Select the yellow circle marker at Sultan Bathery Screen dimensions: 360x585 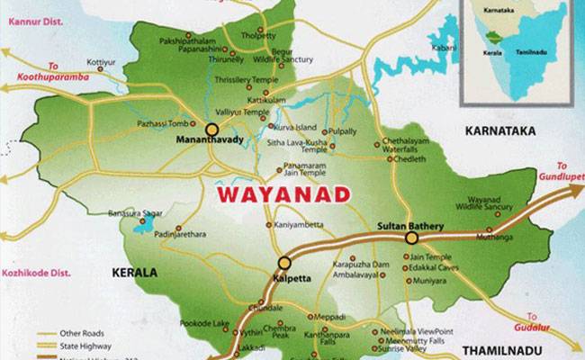point(411,238)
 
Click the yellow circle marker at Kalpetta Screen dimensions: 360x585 point(284,263)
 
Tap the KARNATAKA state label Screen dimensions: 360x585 point(499,131)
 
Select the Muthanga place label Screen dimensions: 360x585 point(496,238)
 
